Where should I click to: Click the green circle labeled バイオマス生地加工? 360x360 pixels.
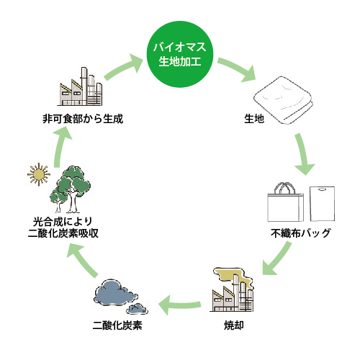180,54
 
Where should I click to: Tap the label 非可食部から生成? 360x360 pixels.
83,119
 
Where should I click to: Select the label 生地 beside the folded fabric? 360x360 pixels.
254,119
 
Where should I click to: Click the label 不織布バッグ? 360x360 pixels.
301,233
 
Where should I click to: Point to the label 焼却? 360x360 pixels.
234,325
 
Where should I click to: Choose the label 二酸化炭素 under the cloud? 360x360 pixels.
117,325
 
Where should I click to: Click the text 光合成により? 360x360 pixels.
63,221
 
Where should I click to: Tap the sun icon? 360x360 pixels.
39,174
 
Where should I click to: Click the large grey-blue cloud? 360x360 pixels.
116,292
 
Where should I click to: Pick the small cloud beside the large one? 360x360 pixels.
137,309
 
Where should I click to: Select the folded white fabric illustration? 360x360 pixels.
283,100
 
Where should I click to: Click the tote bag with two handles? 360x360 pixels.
286,202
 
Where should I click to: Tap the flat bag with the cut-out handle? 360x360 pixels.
323,204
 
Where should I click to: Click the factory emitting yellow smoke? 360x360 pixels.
233,289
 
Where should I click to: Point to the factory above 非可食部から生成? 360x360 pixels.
80,86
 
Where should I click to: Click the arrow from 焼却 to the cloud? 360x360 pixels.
179,305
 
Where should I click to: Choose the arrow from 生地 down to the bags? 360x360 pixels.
303,154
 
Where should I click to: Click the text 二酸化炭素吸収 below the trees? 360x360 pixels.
63,233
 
